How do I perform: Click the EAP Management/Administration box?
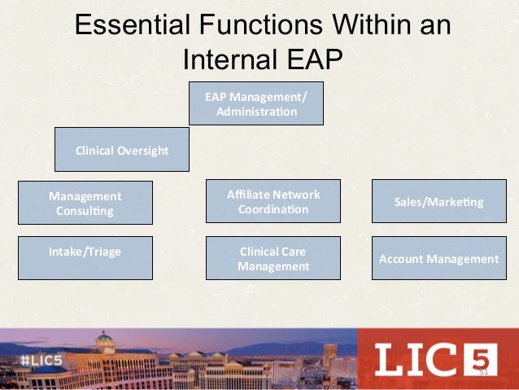[256, 103]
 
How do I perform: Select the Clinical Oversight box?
[121, 150]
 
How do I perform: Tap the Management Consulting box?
[85, 203]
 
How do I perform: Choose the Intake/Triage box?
[85, 257]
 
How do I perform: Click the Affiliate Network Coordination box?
[273, 201]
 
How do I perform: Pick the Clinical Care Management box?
[273, 258]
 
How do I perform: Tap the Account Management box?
[438, 259]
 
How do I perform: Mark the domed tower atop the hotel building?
[104, 341]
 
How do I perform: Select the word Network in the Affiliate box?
[296, 195]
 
